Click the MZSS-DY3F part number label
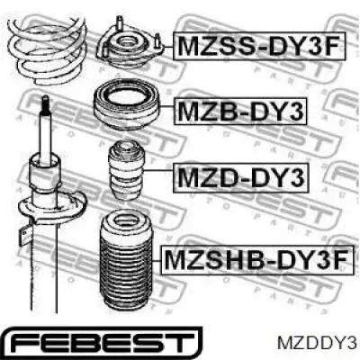pyautogui.click(x=258, y=46)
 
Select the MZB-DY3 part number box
pyautogui.click(x=239, y=111)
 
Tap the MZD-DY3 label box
pyautogui.click(x=241, y=177)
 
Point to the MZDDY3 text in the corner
pyautogui.click(x=317, y=343)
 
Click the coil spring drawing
pyautogui.click(x=47, y=51)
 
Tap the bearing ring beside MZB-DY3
pyautogui.click(x=126, y=107)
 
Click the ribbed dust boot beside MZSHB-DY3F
pyautogui.click(x=126, y=261)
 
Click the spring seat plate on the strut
pyautogui.click(x=51, y=209)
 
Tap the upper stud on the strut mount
pyautogui.click(x=119, y=23)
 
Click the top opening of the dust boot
pyautogui.click(x=126, y=222)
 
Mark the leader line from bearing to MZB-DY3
pyautogui.click(x=166, y=107)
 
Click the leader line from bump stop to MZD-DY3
pyautogui.click(x=158, y=170)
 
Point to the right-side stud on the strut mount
pyautogui.click(x=157, y=41)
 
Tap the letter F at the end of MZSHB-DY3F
pyautogui.click(x=342, y=260)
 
